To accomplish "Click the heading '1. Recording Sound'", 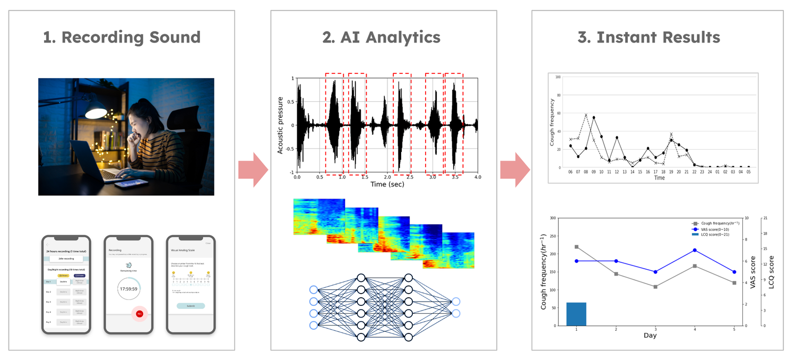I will [122, 38].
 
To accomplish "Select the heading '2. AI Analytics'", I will [382, 38].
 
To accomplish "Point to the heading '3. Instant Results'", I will [658, 38].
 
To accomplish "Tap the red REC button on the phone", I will [140, 314].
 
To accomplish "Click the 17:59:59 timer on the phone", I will [129, 289].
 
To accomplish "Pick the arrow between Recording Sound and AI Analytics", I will [253, 170].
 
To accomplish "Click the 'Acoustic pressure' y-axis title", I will [281, 125].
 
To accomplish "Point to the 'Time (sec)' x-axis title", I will [387, 184].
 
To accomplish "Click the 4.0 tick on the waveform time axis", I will [477, 177].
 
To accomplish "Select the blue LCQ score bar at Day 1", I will [576, 314].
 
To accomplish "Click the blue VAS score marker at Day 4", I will [695, 250].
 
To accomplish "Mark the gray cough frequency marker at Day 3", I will [655, 287].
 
